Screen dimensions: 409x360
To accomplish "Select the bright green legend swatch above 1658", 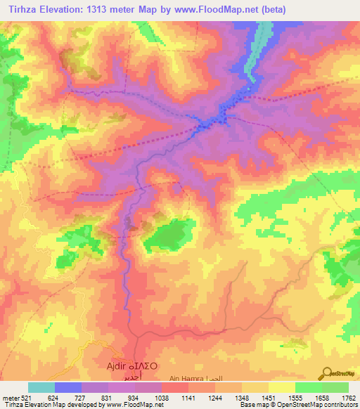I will pos(308,387).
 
